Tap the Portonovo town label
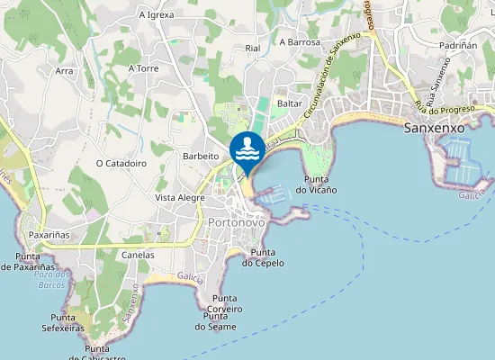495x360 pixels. [236, 222]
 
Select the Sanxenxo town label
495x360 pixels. [435, 128]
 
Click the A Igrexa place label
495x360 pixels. [157, 15]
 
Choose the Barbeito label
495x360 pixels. [201, 155]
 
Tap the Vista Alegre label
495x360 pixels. [180, 197]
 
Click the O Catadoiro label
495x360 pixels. [121, 163]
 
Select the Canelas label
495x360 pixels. [138, 255]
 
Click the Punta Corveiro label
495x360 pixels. [225, 303]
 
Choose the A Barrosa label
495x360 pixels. [300, 41]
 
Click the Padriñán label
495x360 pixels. [458, 44]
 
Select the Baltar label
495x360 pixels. [290, 103]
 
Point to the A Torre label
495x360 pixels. [144, 67]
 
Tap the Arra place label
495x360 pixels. [64, 70]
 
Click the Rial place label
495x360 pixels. [252, 48]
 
